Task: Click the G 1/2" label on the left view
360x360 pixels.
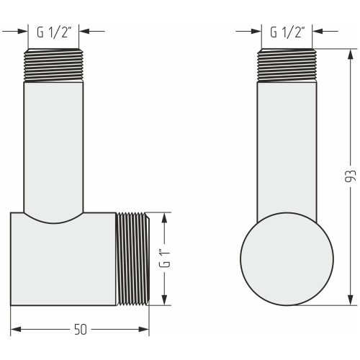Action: coord(54,32)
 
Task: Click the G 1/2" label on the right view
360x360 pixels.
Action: coord(287,32)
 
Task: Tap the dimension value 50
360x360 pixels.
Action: coord(81,329)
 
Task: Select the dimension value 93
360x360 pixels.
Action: coord(350,176)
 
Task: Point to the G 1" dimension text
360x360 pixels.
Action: coord(165,258)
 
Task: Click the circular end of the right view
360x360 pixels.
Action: coord(287,259)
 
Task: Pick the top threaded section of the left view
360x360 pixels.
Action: coord(53,66)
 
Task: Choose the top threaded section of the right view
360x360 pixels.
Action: coord(287,66)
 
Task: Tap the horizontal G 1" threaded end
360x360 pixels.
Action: coord(132,259)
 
